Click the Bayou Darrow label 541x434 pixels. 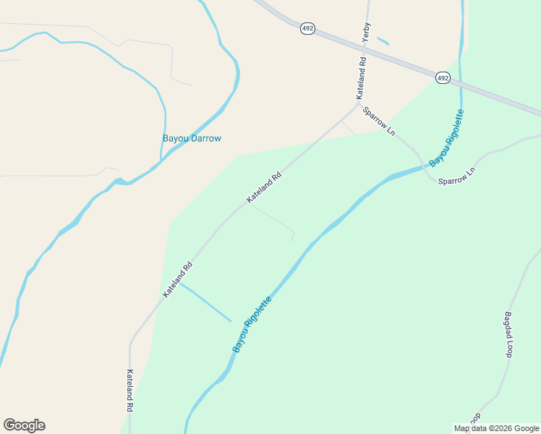pos(192,138)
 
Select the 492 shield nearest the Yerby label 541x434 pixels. pos(307,27)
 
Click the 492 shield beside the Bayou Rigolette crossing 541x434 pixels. pos(443,77)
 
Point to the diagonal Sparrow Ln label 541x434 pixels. pos(380,122)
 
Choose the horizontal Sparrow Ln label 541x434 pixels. pos(456,175)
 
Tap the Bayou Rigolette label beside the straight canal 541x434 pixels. pos(252,325)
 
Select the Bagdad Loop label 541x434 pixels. pos(508,335)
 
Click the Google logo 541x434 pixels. pos(25,425)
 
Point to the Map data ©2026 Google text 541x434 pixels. pos(496,428)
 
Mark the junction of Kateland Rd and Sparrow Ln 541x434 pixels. pos(358,104)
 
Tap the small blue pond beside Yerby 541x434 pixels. pos(383,41)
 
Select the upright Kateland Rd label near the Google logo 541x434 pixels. pos(130,391)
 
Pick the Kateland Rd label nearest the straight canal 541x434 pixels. pos(178,279)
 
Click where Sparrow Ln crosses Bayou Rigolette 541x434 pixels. pos(426,167)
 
